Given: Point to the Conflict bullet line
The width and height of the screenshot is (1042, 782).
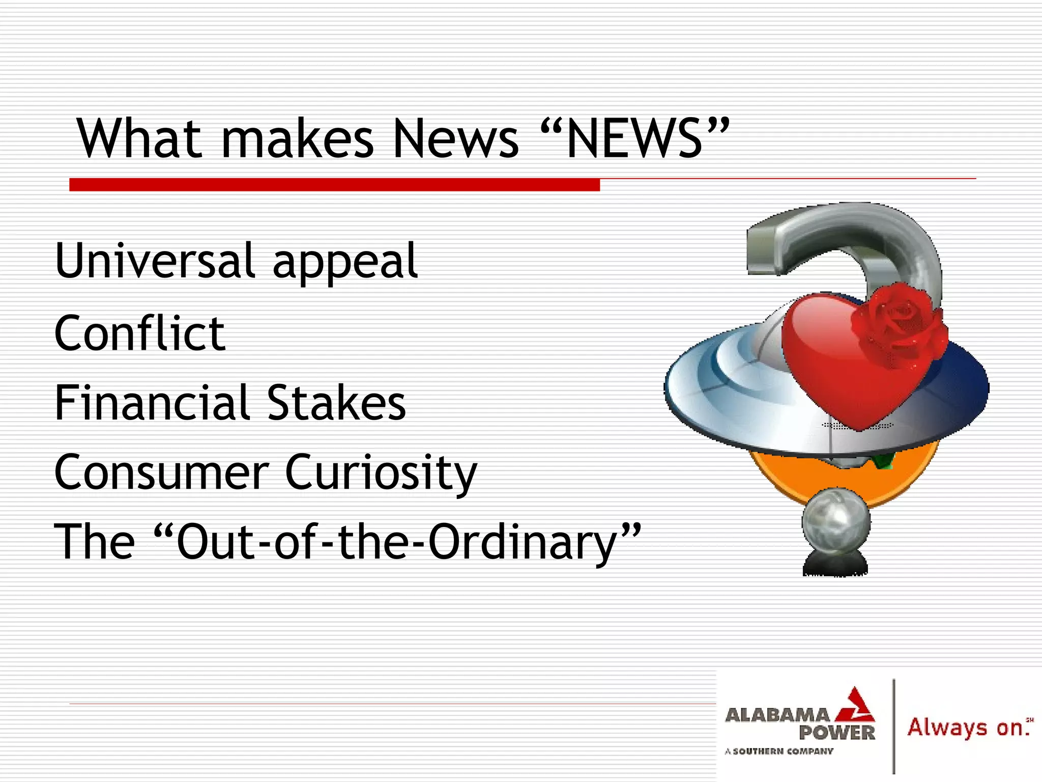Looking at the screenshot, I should pos(139,333).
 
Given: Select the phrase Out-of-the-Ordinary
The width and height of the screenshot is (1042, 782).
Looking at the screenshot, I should pos(397,542).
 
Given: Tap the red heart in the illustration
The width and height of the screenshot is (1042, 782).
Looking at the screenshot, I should pos(834,367).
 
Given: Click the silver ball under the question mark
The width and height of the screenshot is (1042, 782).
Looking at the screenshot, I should pos(836,522).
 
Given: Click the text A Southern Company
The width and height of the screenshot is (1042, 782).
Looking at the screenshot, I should pos(779,751).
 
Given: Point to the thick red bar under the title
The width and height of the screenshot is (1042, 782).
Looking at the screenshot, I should pos(334,184).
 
